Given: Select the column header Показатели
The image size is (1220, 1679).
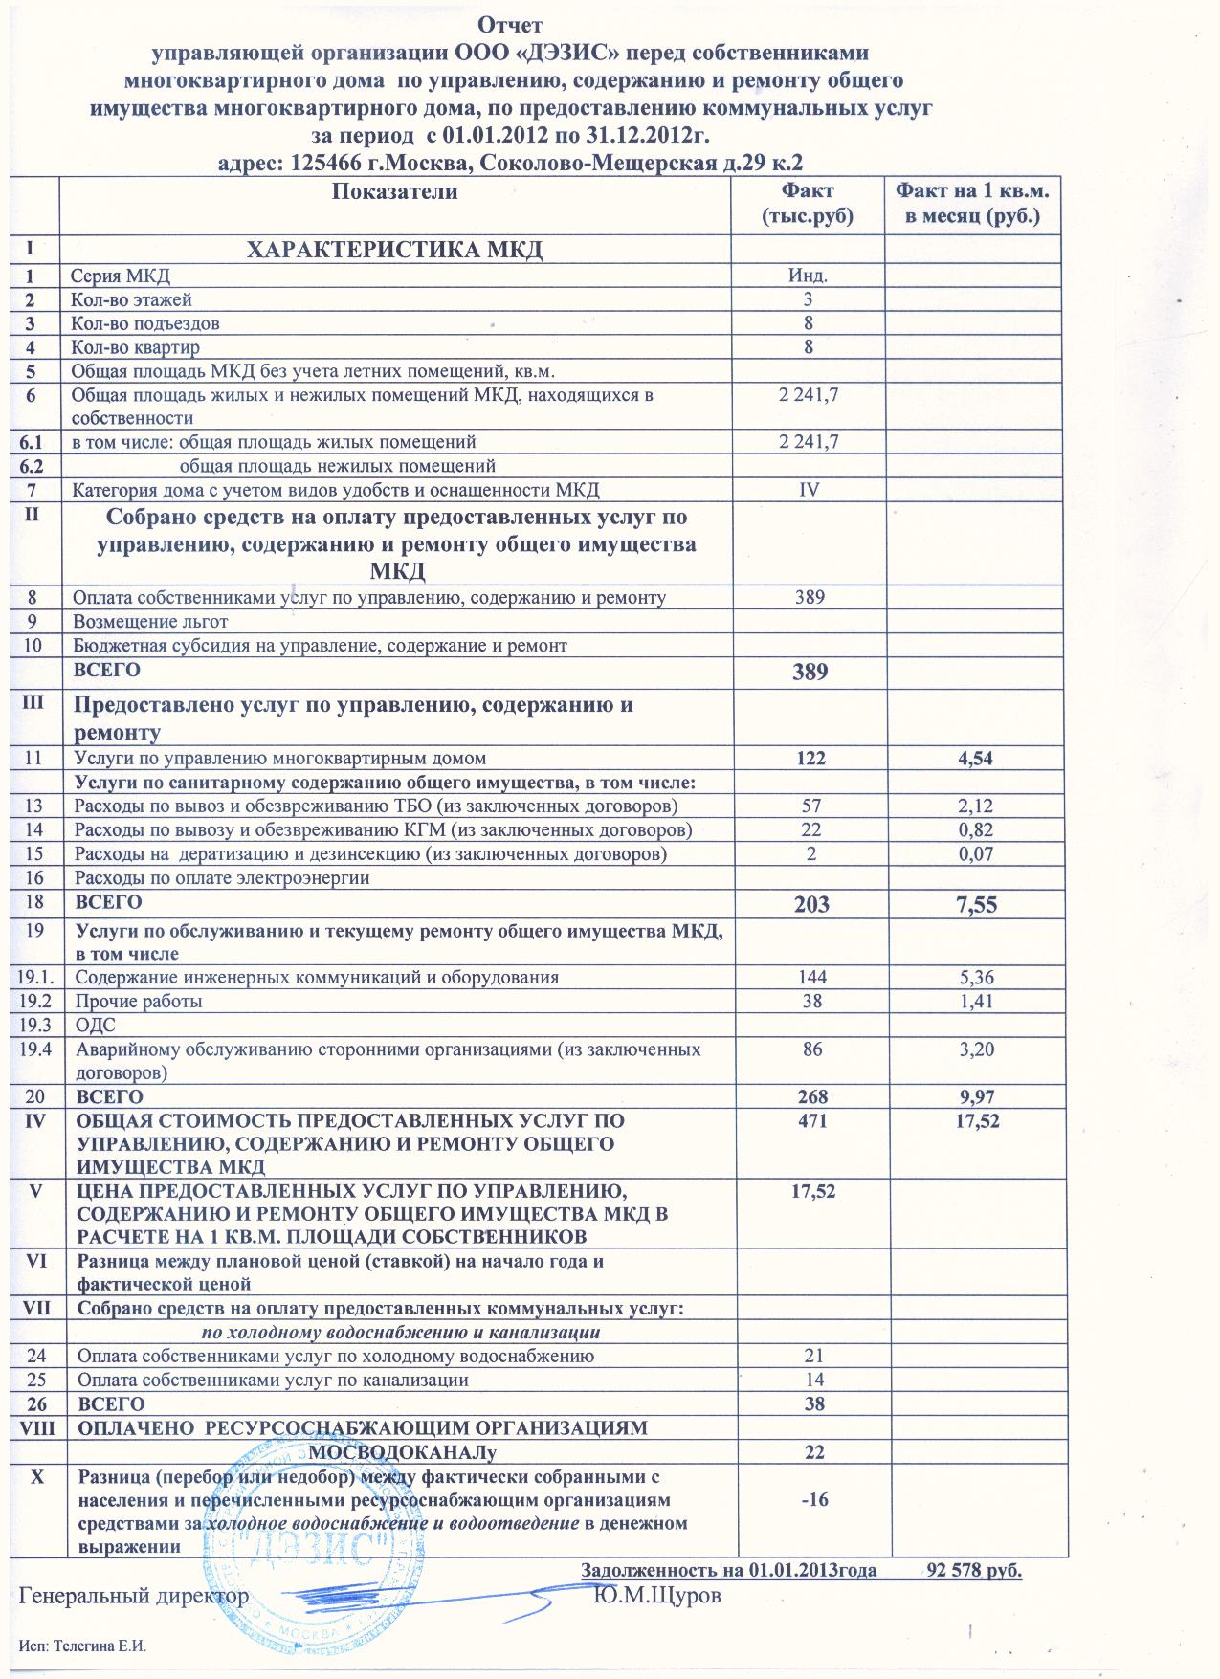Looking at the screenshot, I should click(394, 192).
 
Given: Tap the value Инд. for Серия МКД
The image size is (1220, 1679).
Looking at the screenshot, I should click(807, 276).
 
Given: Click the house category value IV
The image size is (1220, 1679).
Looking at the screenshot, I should click(807, 491).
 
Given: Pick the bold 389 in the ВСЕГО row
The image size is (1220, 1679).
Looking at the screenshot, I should click(810, 672).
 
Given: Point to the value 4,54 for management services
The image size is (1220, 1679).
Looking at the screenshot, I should click(975, 759).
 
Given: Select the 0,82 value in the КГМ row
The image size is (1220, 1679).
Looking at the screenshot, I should click(975, 830).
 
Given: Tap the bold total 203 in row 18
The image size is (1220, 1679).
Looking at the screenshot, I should click(810, 905).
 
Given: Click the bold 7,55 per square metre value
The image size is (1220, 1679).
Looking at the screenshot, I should click(975, 905).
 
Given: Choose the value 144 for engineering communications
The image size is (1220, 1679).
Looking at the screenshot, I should click(810, 978).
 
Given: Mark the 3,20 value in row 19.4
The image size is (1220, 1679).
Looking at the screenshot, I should click(975, 1049).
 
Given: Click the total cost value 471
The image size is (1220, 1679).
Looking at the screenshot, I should click(810, 1120).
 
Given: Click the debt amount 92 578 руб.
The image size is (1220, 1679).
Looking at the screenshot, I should click(975, 1570).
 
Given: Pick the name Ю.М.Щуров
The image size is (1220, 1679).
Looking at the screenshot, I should click(657, 1597).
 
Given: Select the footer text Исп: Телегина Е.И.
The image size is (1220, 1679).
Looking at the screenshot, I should click(85, 1645).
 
